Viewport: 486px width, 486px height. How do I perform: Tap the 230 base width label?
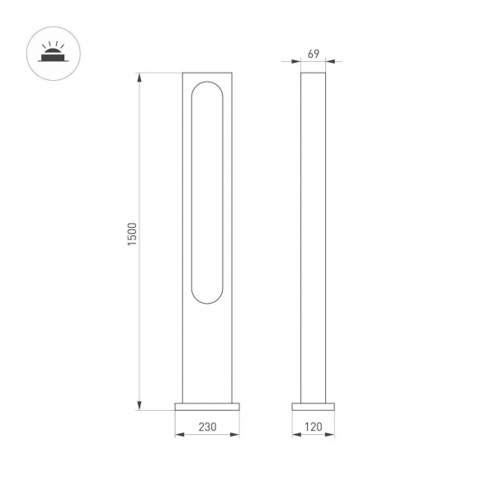click(x=207, y=427)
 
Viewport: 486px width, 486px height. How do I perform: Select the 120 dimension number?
click(x=314, y=427)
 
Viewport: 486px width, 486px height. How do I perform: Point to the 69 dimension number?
click(x=314, y=54)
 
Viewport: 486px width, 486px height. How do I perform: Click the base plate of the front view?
click(x=207, y=407)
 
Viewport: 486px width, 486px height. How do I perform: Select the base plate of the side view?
click(x=314, y=407)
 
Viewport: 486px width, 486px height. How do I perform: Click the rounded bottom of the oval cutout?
click(x=207, y=300)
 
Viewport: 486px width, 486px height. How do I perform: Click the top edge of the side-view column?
click(x=314, y=74)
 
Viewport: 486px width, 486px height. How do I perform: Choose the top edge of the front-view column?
click(x=207, y=74)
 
